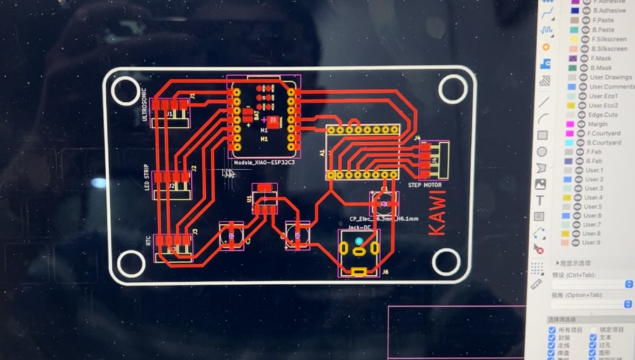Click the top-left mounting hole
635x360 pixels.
(124, 90)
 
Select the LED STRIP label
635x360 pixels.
(145, 179)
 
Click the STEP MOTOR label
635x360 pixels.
(424, 185)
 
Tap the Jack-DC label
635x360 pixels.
(359, 226)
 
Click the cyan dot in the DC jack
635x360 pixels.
(359, 241)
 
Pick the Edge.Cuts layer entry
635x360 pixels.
(603, 115)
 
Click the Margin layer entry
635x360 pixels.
(598, 124)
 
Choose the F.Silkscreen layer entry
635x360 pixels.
(608, 39)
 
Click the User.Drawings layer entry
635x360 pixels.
(610, 77)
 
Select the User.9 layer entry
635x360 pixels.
(591, 243)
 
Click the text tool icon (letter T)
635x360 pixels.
(541, 201)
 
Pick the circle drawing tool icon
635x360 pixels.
(542, 152)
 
